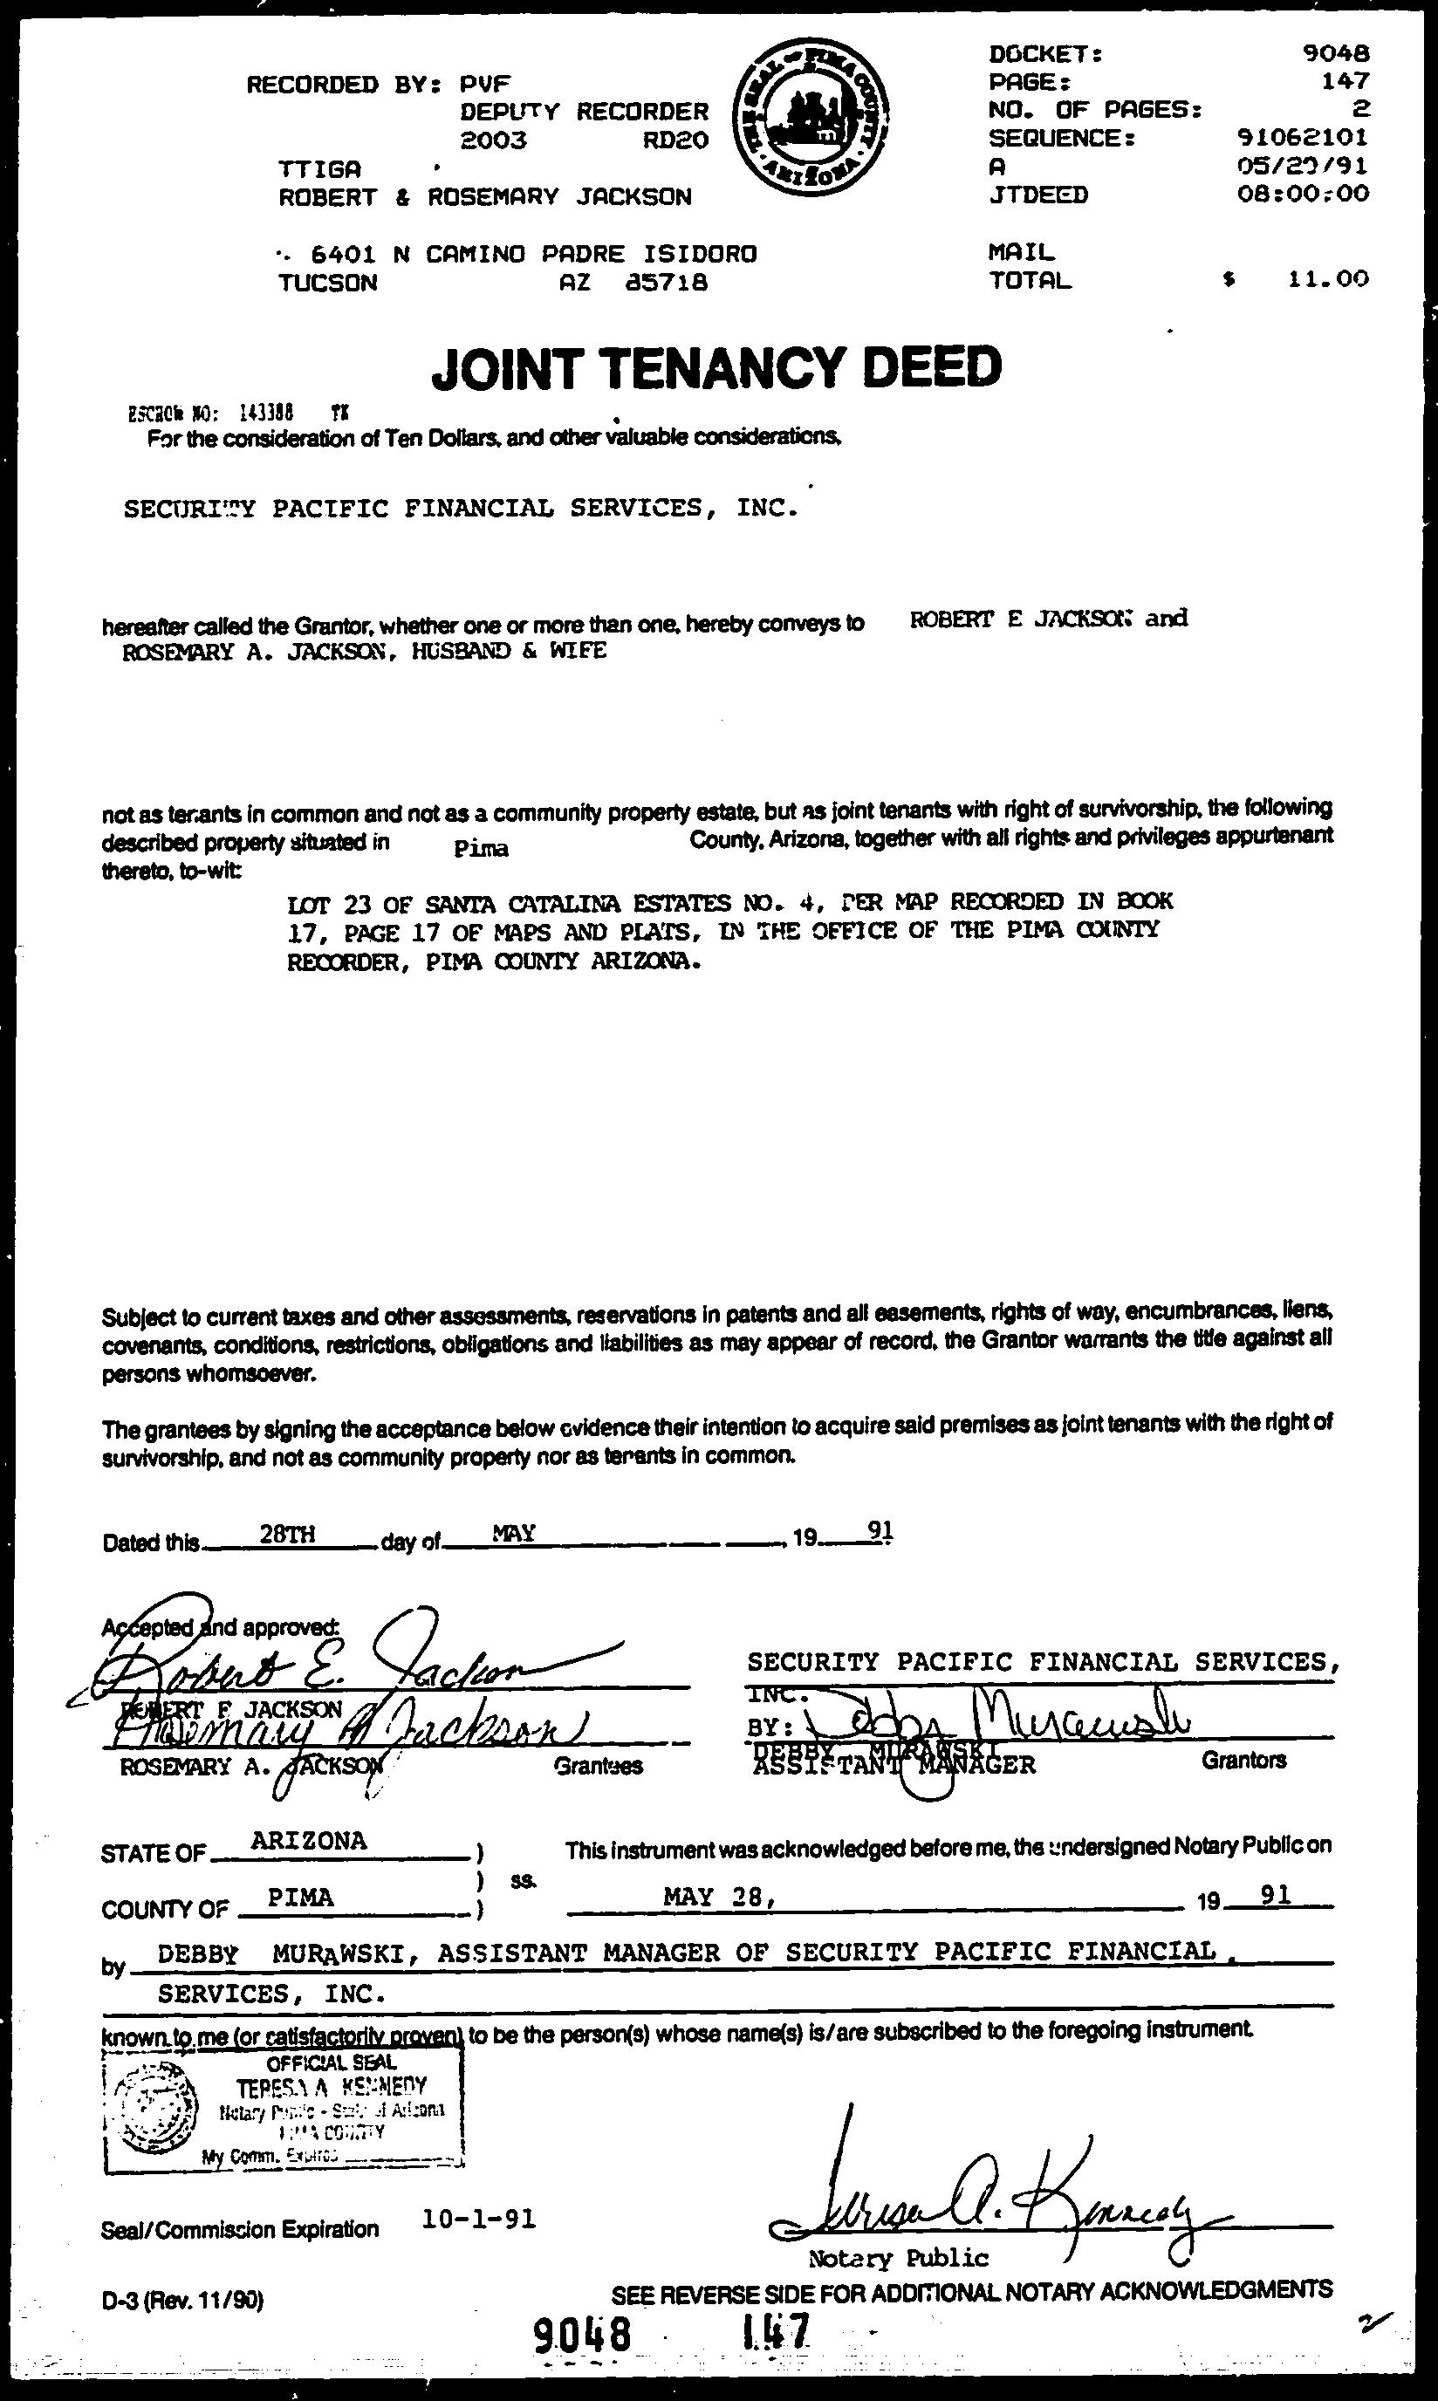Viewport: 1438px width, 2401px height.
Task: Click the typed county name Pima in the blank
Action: (x=481, y=849)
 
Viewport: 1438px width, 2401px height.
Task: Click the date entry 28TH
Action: (x=287, y=1533)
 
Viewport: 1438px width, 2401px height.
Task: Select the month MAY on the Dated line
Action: (x=515, y=1533)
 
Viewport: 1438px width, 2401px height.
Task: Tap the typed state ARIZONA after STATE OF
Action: (x=308, y=1841)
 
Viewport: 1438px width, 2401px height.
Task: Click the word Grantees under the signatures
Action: (x=598, y=1767)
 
